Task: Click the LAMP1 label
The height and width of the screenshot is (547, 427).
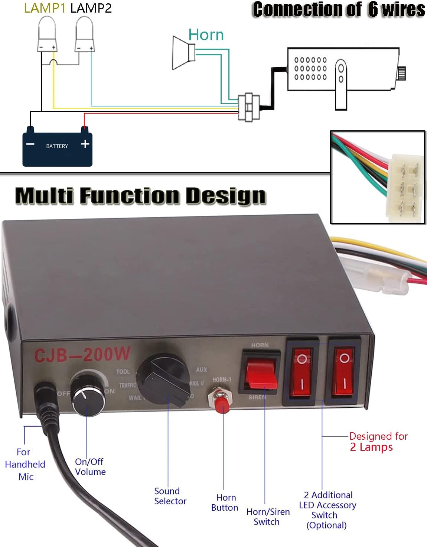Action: click(45, 8)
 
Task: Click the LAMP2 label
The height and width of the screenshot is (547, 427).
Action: click(91, 8)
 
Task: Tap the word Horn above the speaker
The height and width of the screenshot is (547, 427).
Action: click(206, 35)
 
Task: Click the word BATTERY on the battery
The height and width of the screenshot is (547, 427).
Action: click(57, 146)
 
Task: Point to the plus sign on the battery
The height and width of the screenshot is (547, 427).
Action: click(85, 144)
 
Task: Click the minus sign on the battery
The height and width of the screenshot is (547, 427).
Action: click(30, 144)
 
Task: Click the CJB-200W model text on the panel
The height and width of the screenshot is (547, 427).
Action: click(82, 354)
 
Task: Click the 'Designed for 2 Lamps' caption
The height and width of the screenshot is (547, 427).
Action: click(378, 442)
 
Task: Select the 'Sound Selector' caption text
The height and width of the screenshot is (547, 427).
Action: click(170, 496)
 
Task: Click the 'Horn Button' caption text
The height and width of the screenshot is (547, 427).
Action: click(225, 502)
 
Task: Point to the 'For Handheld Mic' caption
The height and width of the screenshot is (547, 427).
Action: click(25, 464)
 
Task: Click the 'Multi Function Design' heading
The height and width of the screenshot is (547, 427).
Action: click(140, 196)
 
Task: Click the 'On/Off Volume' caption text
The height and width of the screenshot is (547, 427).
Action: click(90, 467)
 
